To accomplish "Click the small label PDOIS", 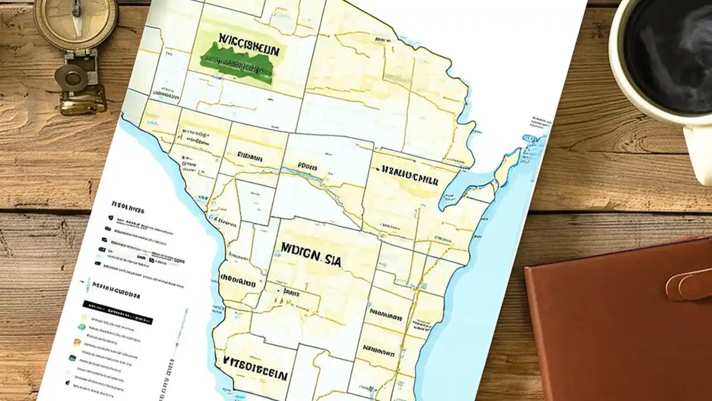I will tap(307, 166).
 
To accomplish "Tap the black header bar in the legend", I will tap(117, 312).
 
